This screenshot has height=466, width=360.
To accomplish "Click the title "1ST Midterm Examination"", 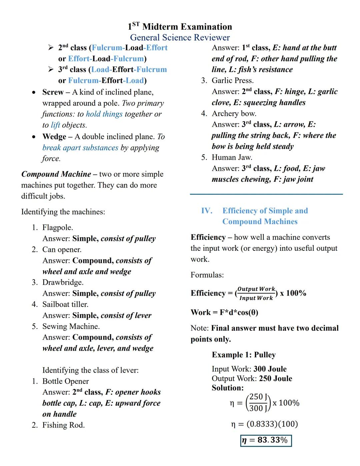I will (180, 27).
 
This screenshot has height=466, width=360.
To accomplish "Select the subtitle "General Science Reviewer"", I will (180, 37).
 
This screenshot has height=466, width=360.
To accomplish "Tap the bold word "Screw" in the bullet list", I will (53, 92).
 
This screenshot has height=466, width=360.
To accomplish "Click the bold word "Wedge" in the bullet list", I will (54, 137).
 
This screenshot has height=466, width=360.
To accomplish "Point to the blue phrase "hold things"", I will (104, 114).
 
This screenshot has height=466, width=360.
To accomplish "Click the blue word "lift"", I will (55, 125).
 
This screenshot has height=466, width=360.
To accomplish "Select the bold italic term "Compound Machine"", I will (56, 174).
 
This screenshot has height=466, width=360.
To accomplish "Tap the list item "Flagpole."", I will (57, 227).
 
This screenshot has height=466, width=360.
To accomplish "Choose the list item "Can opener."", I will (62, 250).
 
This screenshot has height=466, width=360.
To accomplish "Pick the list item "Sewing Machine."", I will (71, 326).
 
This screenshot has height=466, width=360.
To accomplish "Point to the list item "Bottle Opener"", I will (65, 381).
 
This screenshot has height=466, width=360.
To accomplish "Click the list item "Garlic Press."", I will (232, 80).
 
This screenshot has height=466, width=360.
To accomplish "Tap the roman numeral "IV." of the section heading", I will (207, 211).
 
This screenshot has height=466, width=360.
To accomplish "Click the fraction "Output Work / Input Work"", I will (256, 293).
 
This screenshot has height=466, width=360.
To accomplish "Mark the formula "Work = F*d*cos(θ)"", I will (224, 312).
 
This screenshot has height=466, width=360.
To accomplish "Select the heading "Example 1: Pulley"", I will (244, 355).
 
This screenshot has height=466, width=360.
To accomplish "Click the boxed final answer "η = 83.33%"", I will (266, 440).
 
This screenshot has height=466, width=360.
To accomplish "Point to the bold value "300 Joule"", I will (270, 369).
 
